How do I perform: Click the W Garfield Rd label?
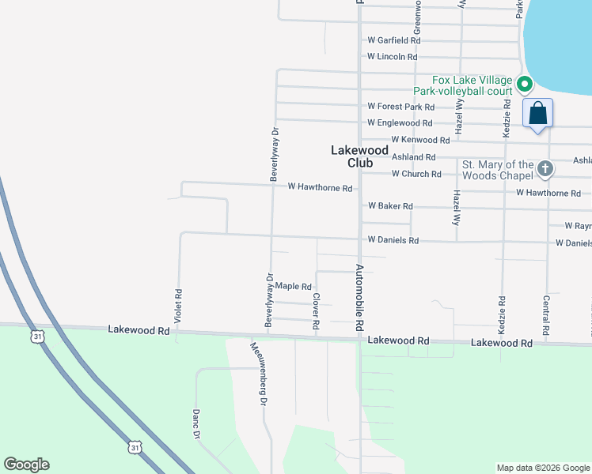point(393,40)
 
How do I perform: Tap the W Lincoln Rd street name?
point(392,57)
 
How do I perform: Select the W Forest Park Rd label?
point(400,107)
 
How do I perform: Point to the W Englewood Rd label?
point(400,123)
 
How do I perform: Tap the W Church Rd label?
point(404,174)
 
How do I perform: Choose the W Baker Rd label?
point(390,206)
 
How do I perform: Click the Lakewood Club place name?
point(359,156)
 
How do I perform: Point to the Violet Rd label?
point(179,305)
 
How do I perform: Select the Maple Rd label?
point(294,287)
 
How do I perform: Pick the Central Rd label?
point(546,314)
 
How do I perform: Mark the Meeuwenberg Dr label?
point(257,374)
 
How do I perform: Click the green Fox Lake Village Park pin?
point(523,82)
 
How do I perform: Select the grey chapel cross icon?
point(545,168)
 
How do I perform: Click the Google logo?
point(26,465)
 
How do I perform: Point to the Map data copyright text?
point(543,468)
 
